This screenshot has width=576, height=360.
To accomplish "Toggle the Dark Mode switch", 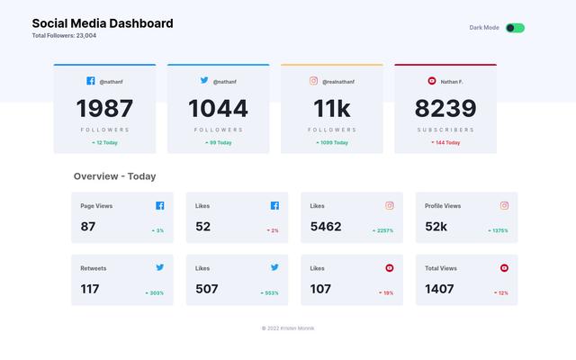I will tap(515, 28).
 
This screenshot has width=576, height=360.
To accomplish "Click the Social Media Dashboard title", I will tap(103, 23).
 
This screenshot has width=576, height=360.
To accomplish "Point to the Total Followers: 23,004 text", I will tap(64, 36).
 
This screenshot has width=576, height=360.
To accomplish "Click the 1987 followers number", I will tap(104, 109).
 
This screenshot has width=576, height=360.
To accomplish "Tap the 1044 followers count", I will tap(218, 109).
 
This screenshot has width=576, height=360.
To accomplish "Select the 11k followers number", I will tap(331, 109).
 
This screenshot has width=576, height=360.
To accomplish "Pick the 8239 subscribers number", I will tap(445, 109).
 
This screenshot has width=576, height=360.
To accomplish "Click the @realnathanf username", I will tap(337, 82).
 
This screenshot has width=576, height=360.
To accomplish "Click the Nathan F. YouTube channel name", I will tap(452, 82).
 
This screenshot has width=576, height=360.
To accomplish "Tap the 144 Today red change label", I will tap(445, 142).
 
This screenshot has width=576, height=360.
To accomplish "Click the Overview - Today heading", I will tap(114, 176).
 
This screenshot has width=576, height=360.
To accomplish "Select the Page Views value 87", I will tap(88, 227).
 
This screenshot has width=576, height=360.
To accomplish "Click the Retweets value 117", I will tap(90, 289).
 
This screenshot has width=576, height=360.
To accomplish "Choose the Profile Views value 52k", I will tap(436, 227).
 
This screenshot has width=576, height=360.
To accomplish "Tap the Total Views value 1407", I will tap(440, 289).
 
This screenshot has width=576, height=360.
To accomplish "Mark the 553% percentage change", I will tap(269, 292).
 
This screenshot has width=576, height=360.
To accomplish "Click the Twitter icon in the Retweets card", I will tap(159, 267).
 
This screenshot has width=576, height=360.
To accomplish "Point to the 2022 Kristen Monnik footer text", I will tap(288, 328).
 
